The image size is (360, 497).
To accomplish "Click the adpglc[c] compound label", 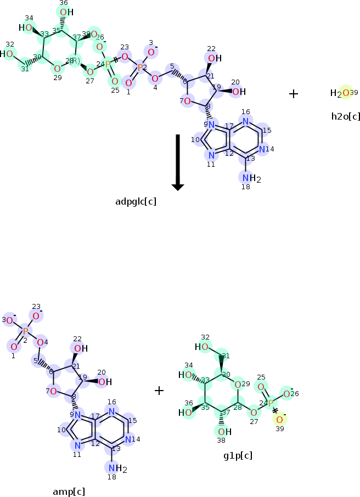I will point(136,201).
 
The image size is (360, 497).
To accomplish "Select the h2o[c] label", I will point(346,116).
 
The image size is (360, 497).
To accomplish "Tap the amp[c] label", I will point(68,491).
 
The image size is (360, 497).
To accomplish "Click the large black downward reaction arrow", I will point(177,162).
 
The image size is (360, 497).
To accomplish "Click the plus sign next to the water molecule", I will point(294,94).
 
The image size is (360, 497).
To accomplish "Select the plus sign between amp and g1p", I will point(159,391).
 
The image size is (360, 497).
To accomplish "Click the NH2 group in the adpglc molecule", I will point(251,178).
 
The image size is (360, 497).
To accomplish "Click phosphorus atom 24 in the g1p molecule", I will point(271,403).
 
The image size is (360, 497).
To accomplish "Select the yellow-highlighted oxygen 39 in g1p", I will point(279,420).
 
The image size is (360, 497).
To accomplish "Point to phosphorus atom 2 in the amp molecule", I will point(25,331).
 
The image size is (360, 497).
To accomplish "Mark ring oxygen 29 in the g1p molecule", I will point(238,385).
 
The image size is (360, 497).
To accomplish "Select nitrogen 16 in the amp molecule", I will point(112,411).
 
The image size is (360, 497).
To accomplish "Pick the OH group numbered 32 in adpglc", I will point(7,54).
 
